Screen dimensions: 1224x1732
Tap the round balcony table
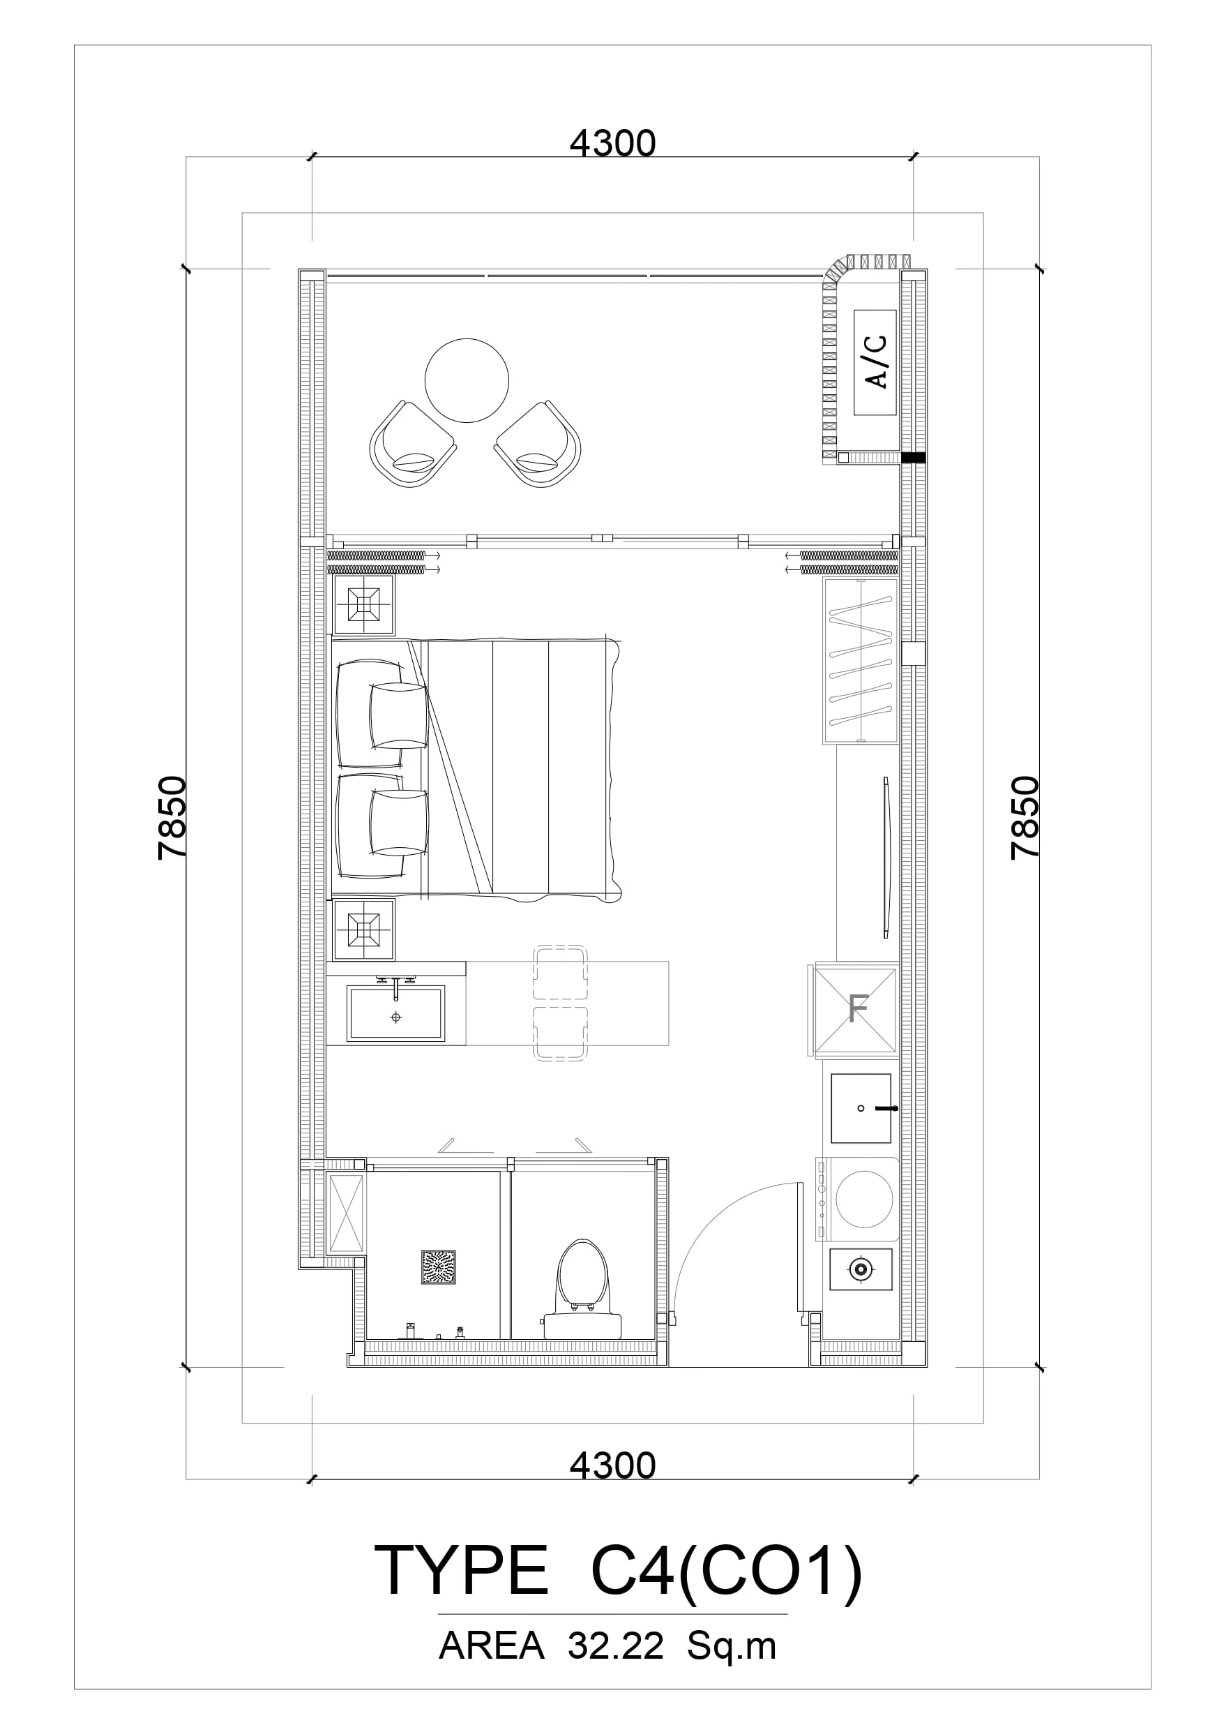(x=467, y=381)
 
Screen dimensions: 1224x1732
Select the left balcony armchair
(x=412, y=445)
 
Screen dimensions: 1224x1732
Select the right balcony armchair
(x=538, y=445)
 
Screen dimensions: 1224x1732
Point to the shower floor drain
(x=438, y=1267)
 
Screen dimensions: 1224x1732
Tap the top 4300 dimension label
(x=612, y=143)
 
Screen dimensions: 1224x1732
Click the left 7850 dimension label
(x=172, y=818)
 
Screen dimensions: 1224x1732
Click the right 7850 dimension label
(x=1025, y=818)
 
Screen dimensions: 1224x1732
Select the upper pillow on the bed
(x=399, y=716)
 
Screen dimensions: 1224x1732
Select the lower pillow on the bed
(x=399, y=823)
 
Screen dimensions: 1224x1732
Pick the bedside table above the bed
(x=363, y=604)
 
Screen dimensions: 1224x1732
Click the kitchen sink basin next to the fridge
(x=861, y=1108)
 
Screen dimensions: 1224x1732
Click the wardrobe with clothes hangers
(x=861, y=661)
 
